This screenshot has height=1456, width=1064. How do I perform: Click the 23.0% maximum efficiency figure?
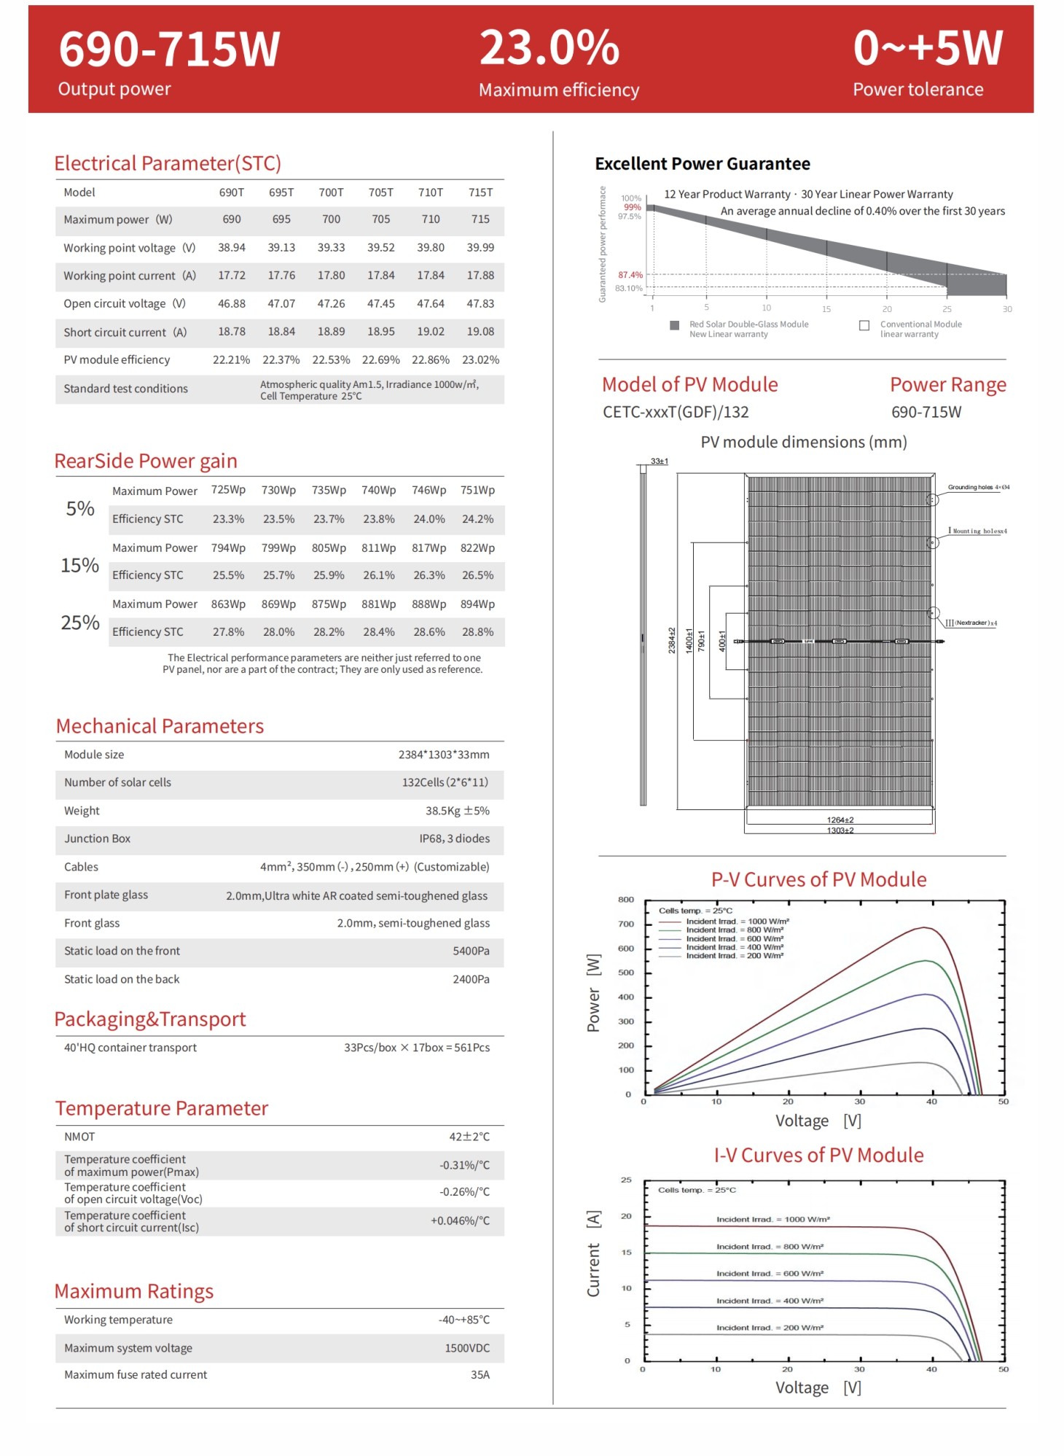549,48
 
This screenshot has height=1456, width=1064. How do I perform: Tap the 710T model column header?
430,192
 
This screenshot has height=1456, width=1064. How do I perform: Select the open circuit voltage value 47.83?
480,303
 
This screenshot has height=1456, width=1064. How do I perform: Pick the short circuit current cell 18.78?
232,332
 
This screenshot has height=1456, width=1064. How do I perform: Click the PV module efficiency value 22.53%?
331,360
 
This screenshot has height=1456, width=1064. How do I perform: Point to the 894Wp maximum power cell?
477,604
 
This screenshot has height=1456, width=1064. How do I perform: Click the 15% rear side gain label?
79,565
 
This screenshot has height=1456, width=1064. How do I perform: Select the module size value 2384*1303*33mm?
443,755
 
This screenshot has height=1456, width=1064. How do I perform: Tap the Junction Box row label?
97,838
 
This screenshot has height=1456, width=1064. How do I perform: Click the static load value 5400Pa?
471,951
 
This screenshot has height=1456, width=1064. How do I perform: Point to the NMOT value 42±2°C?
469,1137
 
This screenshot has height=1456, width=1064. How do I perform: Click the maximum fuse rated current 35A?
480,1375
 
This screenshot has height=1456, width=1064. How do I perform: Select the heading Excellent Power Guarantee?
702,164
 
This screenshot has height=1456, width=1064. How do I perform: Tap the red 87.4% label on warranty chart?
630,275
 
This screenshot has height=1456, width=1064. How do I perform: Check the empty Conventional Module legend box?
864,325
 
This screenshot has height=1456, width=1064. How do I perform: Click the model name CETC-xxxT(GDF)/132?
676,413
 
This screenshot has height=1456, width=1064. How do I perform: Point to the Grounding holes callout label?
978,487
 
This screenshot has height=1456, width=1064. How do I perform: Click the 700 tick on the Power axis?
626,924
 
